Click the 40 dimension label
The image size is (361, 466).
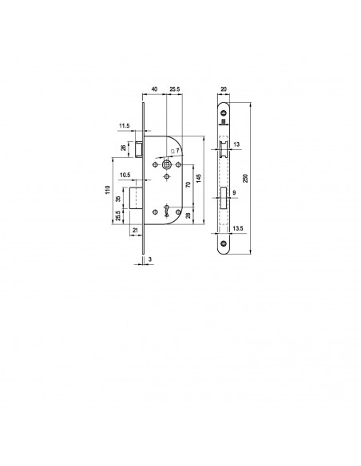[155, 89]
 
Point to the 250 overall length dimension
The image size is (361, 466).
[245, 178]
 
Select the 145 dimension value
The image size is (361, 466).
[199, 178]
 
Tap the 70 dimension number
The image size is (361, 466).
[188, 184]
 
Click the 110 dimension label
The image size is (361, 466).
[108, 190]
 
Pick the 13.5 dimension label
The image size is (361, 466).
[238, 228]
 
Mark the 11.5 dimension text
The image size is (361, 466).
[125, 126]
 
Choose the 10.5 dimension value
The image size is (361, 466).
[125, 175]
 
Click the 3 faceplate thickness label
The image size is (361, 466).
[150, 259]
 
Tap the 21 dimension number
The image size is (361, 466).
[135, 230]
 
